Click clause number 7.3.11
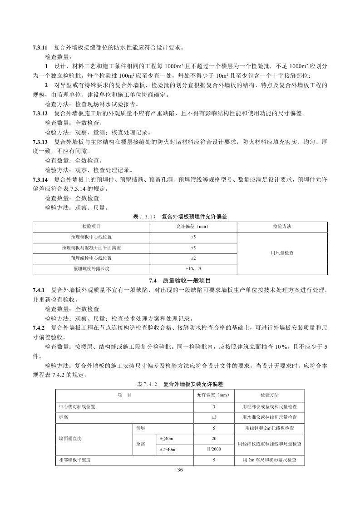40,47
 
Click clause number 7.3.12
40,113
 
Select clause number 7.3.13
40,142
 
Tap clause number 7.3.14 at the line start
40,179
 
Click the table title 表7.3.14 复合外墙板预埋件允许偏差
180,217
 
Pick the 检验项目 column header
91,226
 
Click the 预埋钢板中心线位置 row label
91,237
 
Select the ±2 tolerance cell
193,258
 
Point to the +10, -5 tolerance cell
193,269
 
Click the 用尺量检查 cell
282,253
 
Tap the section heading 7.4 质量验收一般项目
180,281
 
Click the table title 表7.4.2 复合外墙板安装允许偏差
180,384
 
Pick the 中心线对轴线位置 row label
77,406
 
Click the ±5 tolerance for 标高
214,417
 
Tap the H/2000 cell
214,449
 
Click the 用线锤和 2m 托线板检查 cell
270,428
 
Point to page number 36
180,470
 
